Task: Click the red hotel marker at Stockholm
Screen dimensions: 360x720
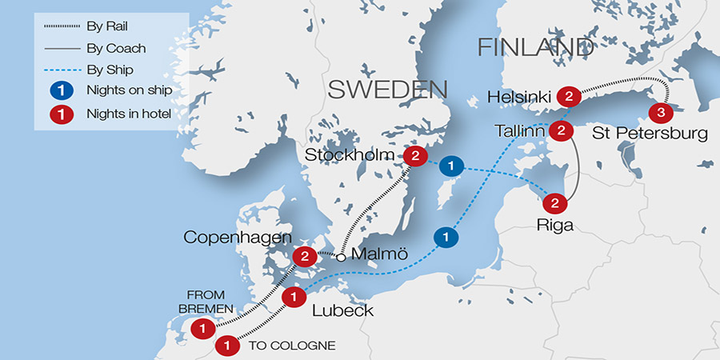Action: tap(414, 156)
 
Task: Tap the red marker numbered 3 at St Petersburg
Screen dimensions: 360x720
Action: tap(660, 111)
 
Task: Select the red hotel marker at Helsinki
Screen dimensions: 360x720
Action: tap(568, 97)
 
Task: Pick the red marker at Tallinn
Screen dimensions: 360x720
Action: tap(562, 130)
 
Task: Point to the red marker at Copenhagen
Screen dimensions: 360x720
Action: tap(304, 256)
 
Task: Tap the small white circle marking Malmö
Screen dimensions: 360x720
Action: tap(342, 257)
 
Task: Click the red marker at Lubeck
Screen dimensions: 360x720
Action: tap(294, 297)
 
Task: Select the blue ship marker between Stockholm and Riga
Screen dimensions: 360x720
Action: tap(452, 166)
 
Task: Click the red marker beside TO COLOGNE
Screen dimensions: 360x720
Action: tap(227, 346)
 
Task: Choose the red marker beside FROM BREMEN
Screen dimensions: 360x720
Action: tap(203, 328)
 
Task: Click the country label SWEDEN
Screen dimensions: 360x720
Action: tap(375, 89)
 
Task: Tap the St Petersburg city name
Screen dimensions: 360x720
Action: tap(650, 134)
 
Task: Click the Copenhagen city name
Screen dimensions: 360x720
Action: tap(231, 238)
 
